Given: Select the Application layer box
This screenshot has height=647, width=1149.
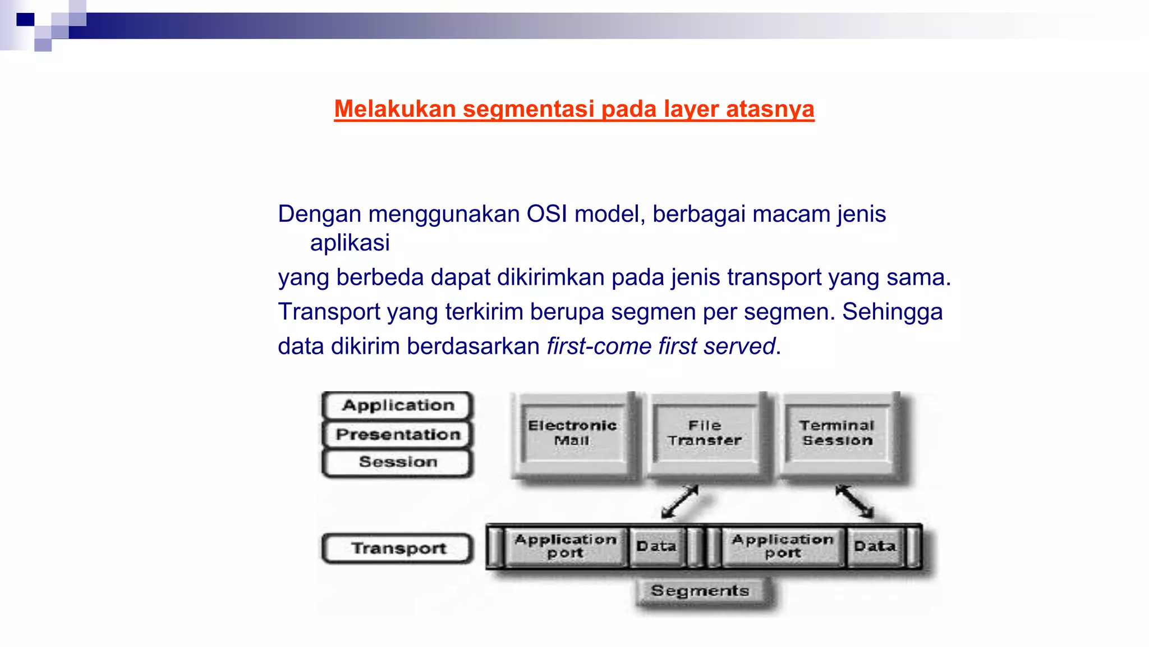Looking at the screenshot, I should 398,405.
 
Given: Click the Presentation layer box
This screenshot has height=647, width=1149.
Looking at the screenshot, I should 398,435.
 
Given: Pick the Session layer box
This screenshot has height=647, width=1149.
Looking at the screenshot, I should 398,462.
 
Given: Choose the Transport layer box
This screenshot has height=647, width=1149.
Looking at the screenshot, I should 398,548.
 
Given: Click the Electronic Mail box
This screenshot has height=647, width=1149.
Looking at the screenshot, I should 572,433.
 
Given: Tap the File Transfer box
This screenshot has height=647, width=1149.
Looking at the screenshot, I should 705,433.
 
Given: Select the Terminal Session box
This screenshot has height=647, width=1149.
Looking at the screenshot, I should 837,433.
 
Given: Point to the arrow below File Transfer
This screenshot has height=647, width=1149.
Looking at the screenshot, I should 680,502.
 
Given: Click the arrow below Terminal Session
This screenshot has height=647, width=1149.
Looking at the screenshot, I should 854,502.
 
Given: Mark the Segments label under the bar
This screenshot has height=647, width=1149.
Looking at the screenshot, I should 700,591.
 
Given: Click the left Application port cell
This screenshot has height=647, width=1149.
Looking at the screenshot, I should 566,546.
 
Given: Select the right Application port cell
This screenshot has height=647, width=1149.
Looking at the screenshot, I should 783,546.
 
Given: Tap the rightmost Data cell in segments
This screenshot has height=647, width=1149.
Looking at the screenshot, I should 874,546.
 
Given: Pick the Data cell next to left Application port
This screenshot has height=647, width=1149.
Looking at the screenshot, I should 656,546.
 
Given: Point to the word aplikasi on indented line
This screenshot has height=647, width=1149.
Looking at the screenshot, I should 350,243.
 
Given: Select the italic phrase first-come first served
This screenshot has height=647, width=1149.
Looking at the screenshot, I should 661,347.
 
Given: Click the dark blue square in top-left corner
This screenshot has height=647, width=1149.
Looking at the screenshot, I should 25,20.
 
